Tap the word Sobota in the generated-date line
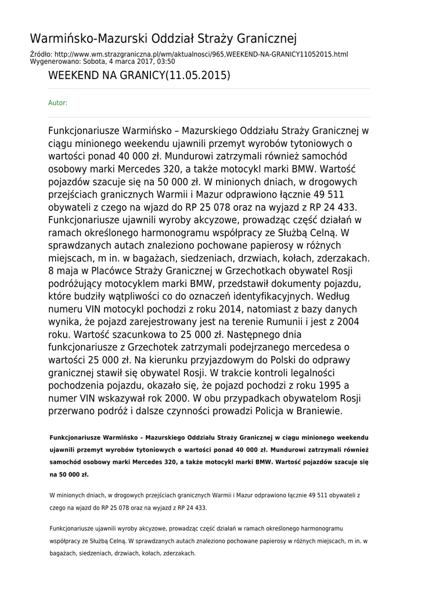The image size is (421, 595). click(100, 61)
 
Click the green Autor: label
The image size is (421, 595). click(57, 103)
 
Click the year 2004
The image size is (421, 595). click(346, 322)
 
